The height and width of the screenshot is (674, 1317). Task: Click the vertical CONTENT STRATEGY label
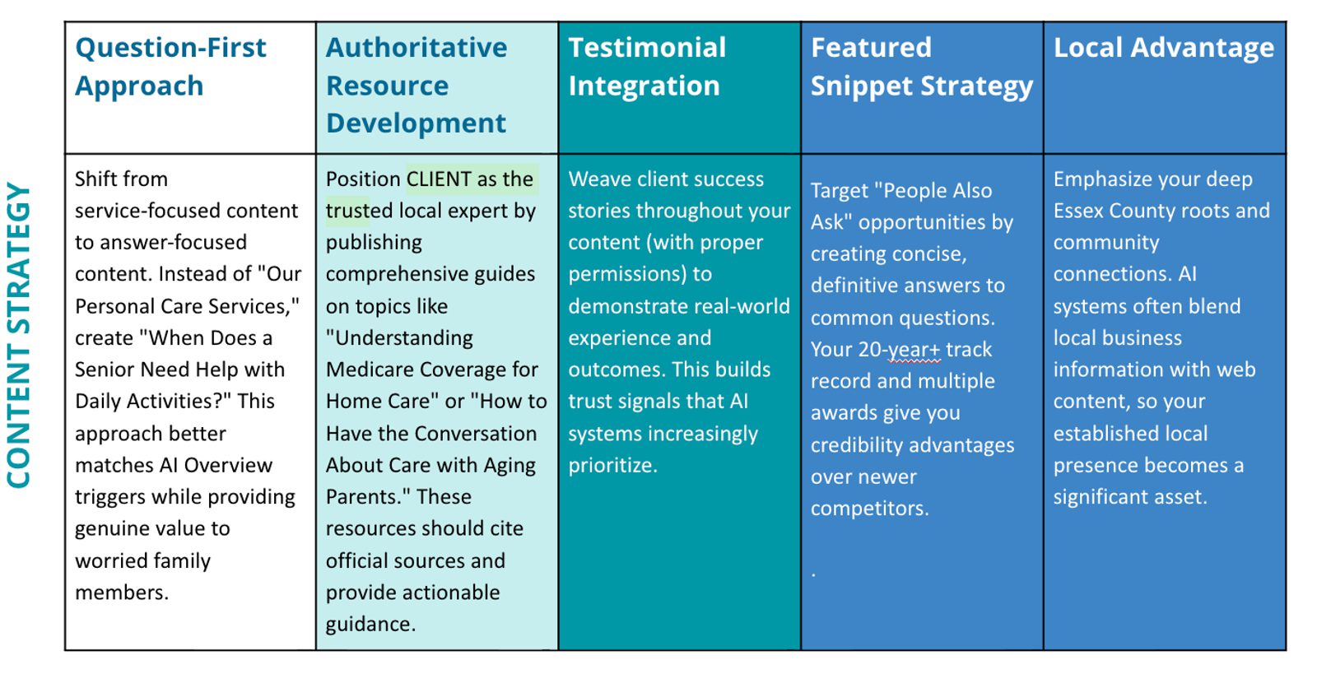(x=18, y=336)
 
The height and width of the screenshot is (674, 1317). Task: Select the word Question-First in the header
(x=170, y=48)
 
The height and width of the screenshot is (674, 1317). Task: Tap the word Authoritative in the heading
(x=417, y=48)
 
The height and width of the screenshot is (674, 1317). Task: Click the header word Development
(x=416, y=123)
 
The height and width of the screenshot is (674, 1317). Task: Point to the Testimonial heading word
(x=647, y=48)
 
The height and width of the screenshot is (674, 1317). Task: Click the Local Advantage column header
(x=1164, y=48)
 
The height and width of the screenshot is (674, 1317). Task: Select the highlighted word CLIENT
(x=439, y=179)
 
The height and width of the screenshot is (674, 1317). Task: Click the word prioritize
(x=612, y=466)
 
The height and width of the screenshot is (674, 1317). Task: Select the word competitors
(x=868, y=509)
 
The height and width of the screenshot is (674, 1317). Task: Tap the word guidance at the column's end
(x=370, y=624)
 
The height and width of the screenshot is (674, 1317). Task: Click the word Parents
(x=367, y=497)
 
